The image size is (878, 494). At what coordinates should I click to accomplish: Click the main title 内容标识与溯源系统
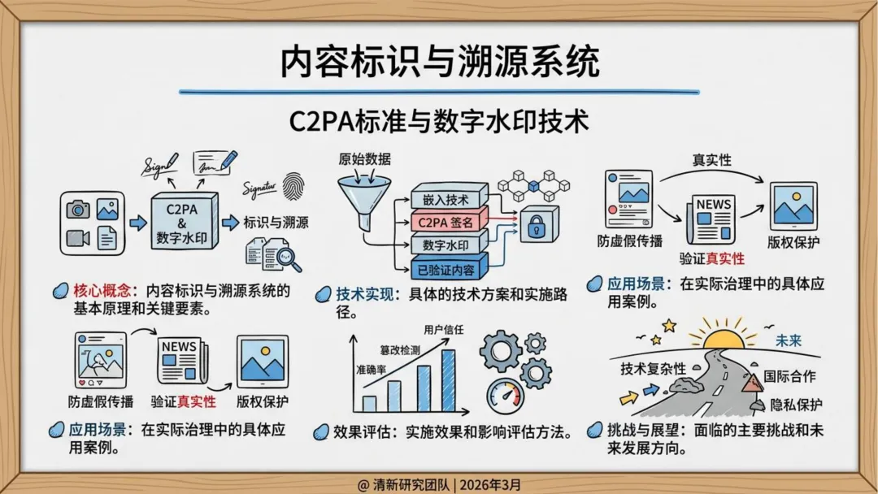pos(439,62)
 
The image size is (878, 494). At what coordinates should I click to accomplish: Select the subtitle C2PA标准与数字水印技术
pos(439,123)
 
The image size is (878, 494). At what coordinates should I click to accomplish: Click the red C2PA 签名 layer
pos(446,221)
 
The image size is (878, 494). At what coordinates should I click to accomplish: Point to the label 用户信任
pos(444,330)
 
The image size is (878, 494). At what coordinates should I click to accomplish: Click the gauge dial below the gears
pos(505,396)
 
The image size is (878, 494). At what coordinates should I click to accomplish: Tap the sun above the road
pos(723,339)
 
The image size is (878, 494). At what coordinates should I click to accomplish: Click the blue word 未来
pos(788,340)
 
